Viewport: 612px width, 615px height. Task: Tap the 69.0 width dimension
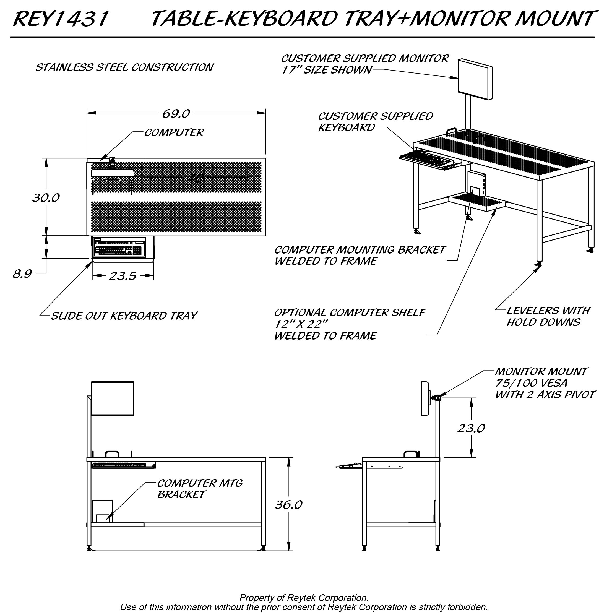coord(176,114)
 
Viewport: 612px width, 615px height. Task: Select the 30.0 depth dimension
coord(46,198)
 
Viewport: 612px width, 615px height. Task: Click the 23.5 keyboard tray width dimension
coord(123,276)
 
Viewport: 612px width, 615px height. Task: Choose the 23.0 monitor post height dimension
coord(471,428)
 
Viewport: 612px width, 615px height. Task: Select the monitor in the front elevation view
coord(112,398)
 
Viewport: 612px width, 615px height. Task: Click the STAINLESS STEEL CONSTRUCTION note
coord(124,67)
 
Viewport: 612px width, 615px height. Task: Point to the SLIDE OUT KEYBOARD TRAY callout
coord(124,316)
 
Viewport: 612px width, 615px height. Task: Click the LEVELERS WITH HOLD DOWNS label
coord(548,316)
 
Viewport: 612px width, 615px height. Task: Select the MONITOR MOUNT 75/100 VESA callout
coord(545,383)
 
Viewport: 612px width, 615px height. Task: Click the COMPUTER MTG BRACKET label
coord(199,489)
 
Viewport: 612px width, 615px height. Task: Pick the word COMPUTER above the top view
coord(174,132)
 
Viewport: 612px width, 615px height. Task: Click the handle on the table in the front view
coord(112,454)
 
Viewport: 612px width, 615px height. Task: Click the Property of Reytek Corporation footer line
coord(304,598)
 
